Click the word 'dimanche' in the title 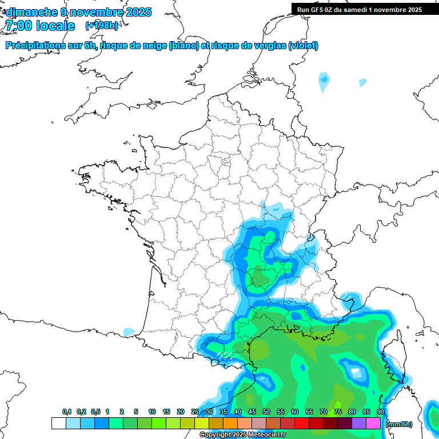point(29,12)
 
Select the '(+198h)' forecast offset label point(102,26)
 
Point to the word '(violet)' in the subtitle point(304,46)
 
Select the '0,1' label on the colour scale point(67,412)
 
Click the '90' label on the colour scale point(381,412)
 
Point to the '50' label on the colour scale point(266,412)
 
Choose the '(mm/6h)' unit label point(399,424)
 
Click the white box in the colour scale point(58,423)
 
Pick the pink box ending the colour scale point(373,423)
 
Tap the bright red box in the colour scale point(301,423)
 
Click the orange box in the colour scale point(230,423)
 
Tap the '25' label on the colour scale point(195,412)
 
